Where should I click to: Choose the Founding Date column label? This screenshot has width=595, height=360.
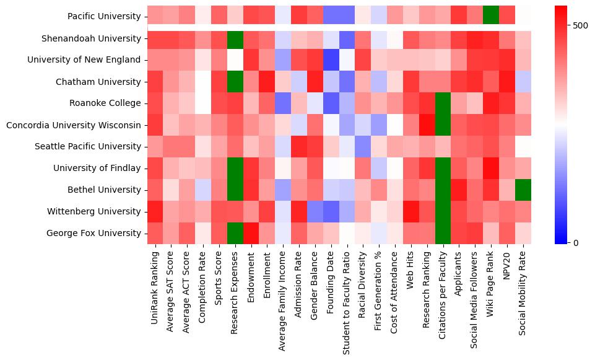click(331, 284)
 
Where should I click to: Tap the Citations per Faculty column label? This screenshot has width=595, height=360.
click(443, 294)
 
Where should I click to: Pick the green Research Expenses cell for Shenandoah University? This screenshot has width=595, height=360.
click(235, 38)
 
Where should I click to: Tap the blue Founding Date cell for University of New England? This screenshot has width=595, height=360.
click(331, 60)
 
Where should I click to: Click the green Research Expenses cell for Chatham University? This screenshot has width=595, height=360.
click(235, 82)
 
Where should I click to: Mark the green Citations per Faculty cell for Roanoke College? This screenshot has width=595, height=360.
click(443, 103)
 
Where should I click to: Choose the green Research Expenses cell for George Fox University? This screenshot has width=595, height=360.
click(235, 233)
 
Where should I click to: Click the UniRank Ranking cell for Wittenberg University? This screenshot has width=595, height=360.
click(155, 211)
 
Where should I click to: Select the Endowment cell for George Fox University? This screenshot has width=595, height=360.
click(251, 233)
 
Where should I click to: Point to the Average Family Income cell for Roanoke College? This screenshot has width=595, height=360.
click(283, 103)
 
